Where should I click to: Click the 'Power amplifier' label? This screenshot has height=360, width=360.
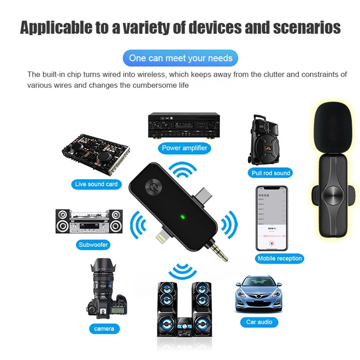pyautogui.click(x=184, y=148)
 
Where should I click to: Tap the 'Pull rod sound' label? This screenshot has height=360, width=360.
pyautogui.click(x=271, y=173)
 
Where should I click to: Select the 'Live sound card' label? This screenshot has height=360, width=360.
pyautogui.click(x=96, y=184)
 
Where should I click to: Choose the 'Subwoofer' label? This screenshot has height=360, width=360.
pyautogui.click(x=93, y=245)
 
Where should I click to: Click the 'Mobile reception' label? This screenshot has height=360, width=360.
pyautogui.click(x=280, y=258)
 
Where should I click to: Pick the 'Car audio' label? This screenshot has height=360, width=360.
pyautogui.click(x=259, y=322)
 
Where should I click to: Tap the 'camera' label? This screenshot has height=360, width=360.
pyautogui.click(x=104, y=329)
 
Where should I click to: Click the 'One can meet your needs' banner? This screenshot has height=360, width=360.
pyautogui.click(x=181, y=58)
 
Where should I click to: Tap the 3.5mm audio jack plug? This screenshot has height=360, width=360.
pyautogui.click(x=225, y=255)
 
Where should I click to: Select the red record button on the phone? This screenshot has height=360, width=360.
pyautogui.click(x=272, y=243)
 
